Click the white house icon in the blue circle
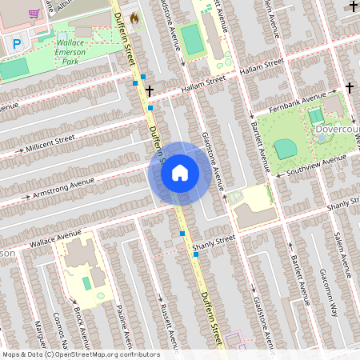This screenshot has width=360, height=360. [180, 173]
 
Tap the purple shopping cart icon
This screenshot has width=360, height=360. [34, 14]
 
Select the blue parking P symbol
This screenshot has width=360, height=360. [17, 44]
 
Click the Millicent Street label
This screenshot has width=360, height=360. [50, 142]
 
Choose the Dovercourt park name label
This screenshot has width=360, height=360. [336, 129]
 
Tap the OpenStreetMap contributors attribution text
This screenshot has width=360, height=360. [80, 354]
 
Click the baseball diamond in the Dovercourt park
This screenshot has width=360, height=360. [286, 149]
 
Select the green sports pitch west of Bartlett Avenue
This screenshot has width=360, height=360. [192, 38]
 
